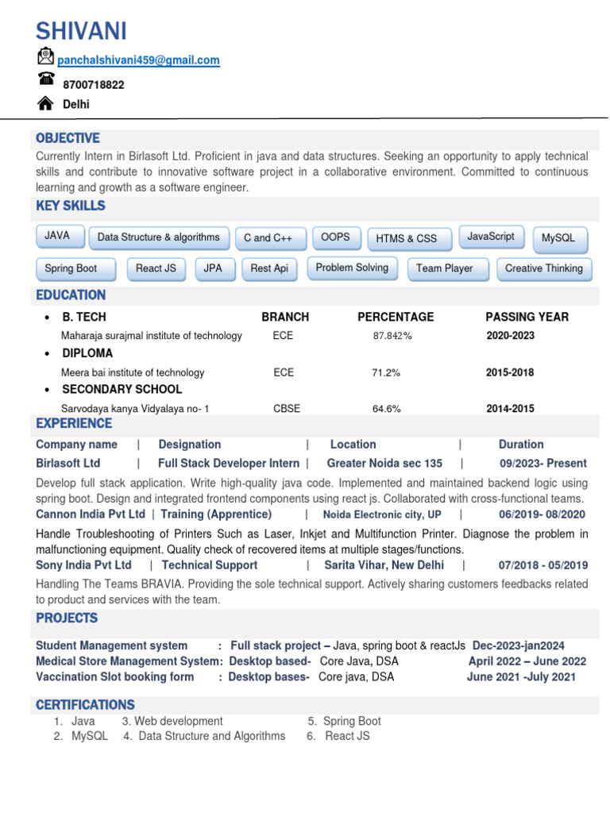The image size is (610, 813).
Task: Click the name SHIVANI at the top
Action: [81, 31]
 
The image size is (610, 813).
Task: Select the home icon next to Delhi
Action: [46, 103]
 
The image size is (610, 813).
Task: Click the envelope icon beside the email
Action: [45, 56]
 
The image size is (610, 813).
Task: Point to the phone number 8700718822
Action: [93, 84]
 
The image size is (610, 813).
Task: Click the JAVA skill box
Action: [58, 236]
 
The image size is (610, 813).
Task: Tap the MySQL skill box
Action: [558, 238]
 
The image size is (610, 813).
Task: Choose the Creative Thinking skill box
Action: [543, 269]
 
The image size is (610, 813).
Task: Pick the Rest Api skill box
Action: [269, 269]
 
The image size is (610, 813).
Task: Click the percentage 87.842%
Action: [392, 336]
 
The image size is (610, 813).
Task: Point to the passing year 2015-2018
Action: [510, 372]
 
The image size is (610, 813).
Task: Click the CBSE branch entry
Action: [287, 409]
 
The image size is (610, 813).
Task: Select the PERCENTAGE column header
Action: [396, 317]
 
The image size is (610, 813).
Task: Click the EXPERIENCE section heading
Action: [74, 424]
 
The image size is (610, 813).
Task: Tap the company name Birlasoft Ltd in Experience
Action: [68, 464]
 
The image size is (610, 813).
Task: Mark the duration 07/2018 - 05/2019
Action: [542, 565]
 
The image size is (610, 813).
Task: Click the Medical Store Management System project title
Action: [127, 661]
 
